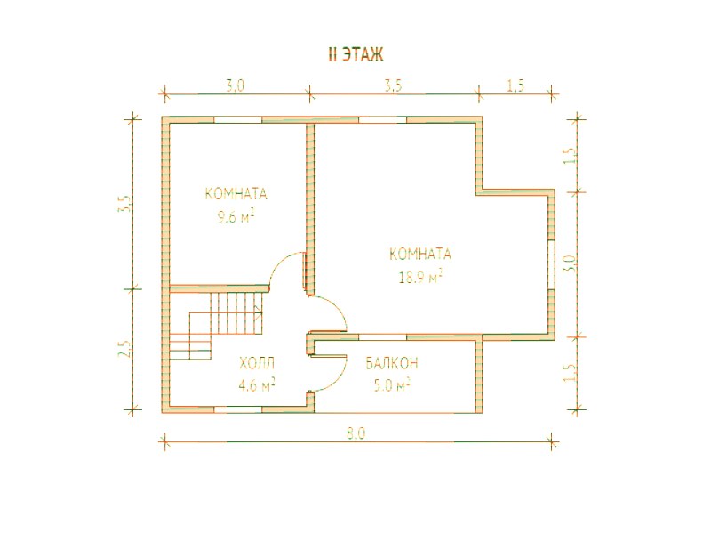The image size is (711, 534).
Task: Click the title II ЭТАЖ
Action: [x=355, y=54]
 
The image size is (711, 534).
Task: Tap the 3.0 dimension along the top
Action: [x=236, y=85]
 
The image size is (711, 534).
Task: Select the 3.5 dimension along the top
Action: [x=393, y=85]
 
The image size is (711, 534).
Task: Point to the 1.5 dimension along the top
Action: [x=516, y=85]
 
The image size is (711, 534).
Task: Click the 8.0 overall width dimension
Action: [x=356, y=433]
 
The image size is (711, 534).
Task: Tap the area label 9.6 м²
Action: [x=236, y=217]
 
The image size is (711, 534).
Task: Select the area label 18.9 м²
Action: [x=420, y=277]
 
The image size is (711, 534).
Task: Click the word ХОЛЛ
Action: [x=257, y=363]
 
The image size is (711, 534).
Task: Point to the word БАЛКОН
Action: [x=392, y=363]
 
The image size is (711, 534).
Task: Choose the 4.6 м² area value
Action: [x=257, y=385]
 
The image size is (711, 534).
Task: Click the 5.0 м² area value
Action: [x=392, y=385]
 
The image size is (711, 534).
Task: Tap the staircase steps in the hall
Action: [x=216, y=326]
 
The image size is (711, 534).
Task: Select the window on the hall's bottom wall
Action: [x=237, y=409]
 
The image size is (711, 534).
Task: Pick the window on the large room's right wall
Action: [x=551, y=264]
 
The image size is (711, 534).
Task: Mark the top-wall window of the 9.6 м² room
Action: [x=237, y=120]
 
